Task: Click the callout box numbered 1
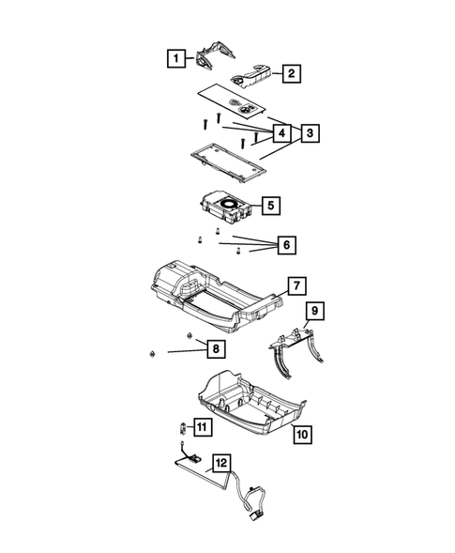(x=175, y=59)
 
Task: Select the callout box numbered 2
(x=292, y=73)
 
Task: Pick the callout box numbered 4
(x=278, y=132)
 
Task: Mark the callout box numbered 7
(x=294, y=284)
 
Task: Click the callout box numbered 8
(x=216, y=349)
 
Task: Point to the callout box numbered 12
(x=220, y=462)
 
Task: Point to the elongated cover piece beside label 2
(x=252, y=72)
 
